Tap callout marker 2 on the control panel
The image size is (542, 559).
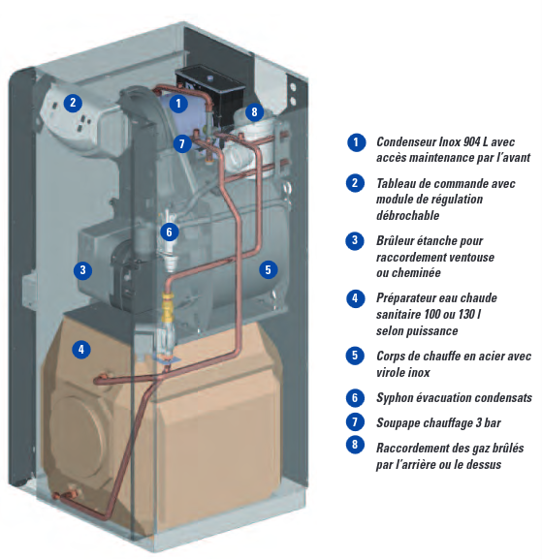[72, 102]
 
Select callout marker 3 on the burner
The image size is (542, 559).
[84, 270]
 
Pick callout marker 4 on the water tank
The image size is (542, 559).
[82, 349]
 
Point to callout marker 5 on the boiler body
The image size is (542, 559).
[269, 269]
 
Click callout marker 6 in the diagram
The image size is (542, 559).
[169, 232]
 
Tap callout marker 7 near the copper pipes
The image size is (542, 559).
[181, 143]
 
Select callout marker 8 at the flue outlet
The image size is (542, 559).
[254, 111]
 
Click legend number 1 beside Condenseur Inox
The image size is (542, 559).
[358, 142]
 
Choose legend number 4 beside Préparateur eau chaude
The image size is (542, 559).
[358, 298]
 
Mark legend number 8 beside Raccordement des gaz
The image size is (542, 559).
[358, 447]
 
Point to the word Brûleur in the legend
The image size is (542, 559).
[398, 239]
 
